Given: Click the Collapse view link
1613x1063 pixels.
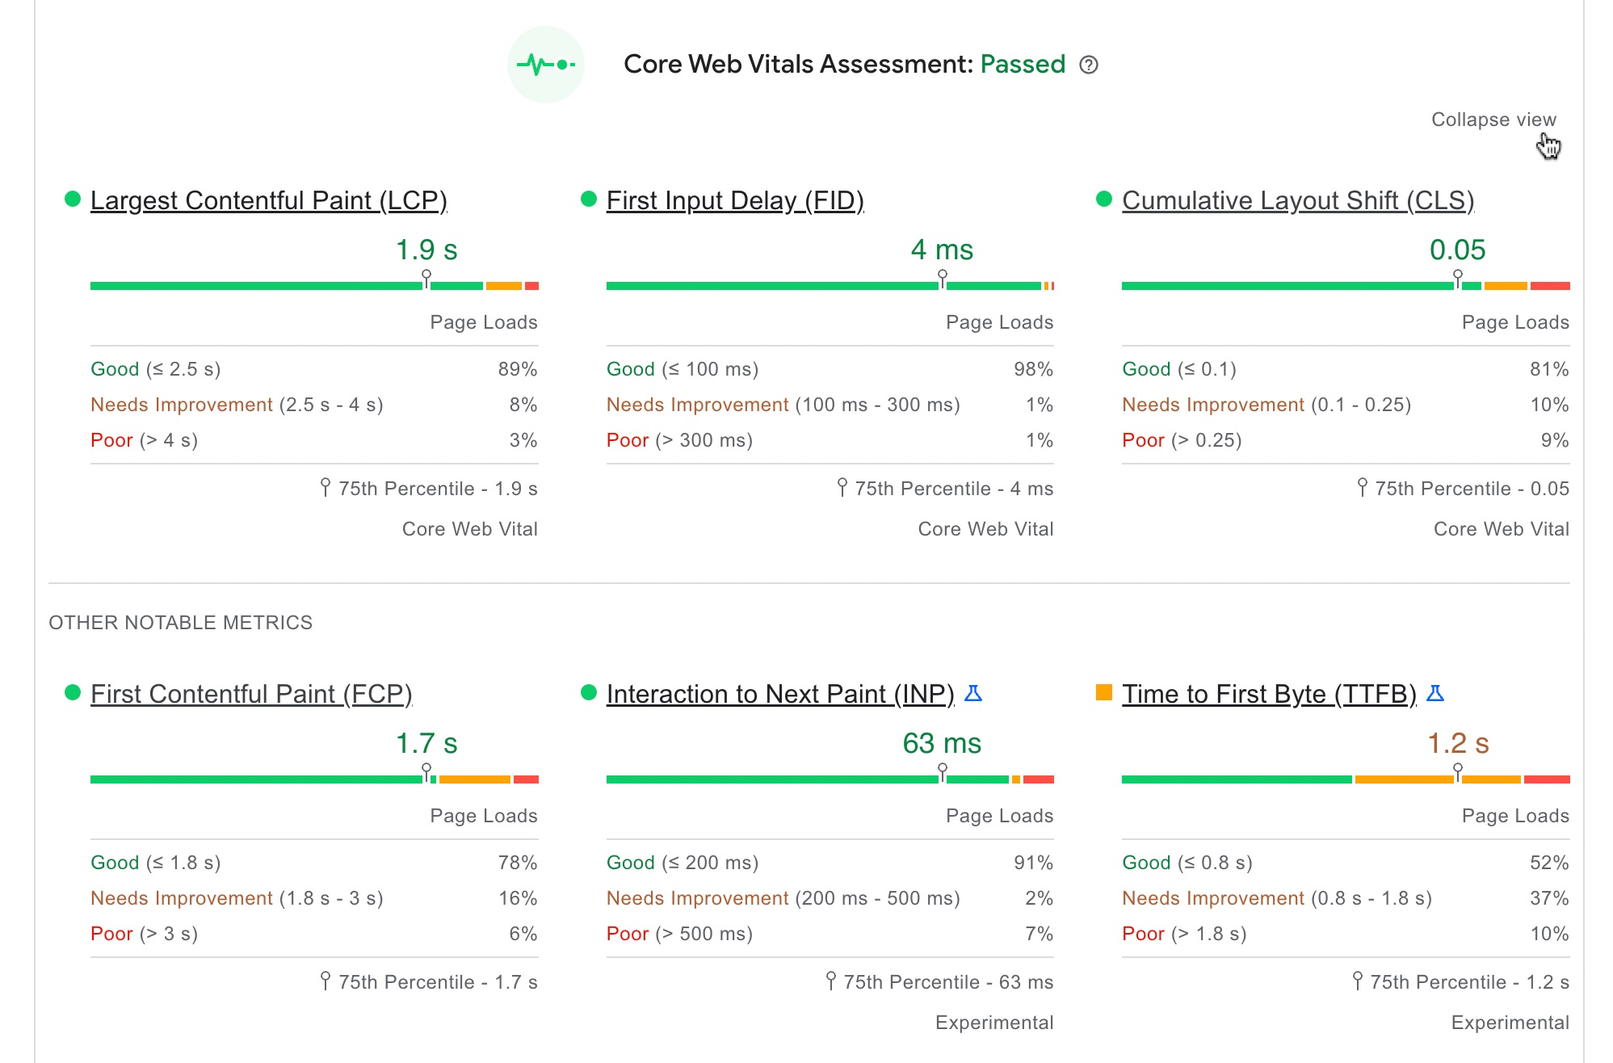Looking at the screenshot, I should [x=1493, y=120].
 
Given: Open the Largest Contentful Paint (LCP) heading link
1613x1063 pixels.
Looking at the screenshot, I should [x=268, y=200].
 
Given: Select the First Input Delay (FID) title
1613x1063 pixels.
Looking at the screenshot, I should [x=734, y=200].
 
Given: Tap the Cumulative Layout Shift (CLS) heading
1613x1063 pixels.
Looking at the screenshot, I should [x=1297, y=200].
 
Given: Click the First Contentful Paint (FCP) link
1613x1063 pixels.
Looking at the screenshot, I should [x=251, y=694].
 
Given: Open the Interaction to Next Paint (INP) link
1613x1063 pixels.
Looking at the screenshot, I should [x=779, y=694].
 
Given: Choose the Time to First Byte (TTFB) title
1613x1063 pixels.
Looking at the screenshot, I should [x=1268, y=694].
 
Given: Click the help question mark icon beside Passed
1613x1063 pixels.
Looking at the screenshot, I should [x=1089, y=65].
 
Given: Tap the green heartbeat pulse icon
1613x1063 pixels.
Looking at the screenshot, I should [x=546, y=65].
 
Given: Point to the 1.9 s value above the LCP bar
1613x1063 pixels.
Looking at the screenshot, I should [x=426, y=250].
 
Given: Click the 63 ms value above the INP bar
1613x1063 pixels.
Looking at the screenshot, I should [x=942, y=743].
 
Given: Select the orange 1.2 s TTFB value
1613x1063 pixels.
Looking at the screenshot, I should [x=1458, y=743].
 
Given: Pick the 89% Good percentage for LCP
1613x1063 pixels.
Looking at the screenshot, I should [x=517, y=369].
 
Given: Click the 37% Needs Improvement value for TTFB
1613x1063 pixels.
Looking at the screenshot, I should [x=1548, y=898].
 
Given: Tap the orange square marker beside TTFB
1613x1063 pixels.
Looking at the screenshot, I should [x=1104, y=692].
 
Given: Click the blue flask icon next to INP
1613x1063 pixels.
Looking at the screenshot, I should [x=973, y=693].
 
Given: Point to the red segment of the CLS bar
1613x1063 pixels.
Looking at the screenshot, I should [x=1549, y=286].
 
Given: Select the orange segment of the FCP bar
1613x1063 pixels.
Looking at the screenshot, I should [x=474, y=779].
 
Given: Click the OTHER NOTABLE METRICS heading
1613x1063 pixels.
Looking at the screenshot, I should [x=180, y=623].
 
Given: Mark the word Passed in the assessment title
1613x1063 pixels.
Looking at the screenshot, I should [x=1023, y=65].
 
